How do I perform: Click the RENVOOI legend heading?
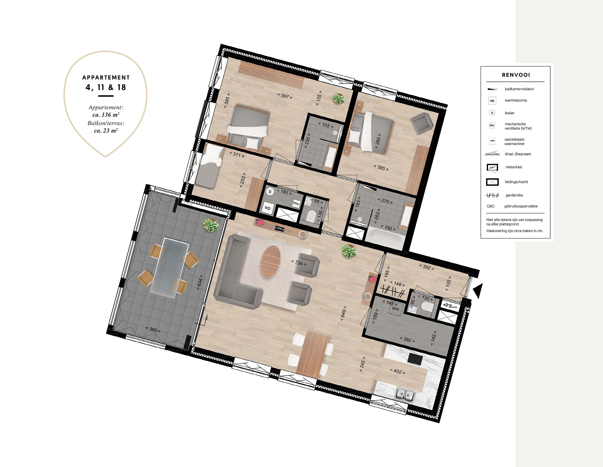(516, 75)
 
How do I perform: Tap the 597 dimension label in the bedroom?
(285, 96)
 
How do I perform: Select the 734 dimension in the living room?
(299, 263)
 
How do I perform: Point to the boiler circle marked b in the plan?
(270, 191)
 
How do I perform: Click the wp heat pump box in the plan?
(268, 208)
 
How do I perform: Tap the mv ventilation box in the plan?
(296, 203)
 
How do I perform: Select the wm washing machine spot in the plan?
(396, 309)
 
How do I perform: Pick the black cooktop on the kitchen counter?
(415, 359)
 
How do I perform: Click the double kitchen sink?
(405, 395)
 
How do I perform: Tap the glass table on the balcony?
(170, 268)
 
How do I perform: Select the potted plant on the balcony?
(211, 225)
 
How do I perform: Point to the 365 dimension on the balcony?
(153, 329)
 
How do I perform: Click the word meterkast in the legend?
(514, 167)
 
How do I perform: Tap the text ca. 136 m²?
(106, 115)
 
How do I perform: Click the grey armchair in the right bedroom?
(422, 123)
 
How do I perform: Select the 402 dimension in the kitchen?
(398, 371)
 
